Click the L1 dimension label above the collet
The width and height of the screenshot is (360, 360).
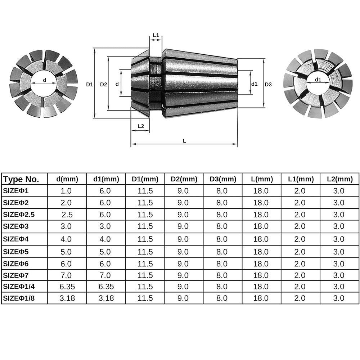156,35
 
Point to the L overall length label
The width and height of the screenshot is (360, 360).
184,141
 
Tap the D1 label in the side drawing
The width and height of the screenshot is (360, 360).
89,84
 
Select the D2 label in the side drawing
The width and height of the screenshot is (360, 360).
103,84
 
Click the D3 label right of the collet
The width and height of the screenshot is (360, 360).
268,84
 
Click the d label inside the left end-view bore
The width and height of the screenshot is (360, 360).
45,80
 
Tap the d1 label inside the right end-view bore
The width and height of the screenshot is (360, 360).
318,79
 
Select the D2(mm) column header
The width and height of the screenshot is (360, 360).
184,179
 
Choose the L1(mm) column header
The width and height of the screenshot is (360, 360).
301,179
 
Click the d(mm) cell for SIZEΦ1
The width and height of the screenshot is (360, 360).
67,191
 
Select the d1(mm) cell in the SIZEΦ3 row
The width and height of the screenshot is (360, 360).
105,227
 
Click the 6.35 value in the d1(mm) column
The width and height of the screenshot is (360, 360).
105,287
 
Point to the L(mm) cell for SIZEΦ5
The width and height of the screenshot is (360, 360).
261,251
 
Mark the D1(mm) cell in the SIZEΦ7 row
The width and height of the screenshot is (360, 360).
145,275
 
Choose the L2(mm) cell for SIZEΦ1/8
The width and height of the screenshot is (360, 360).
339,298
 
